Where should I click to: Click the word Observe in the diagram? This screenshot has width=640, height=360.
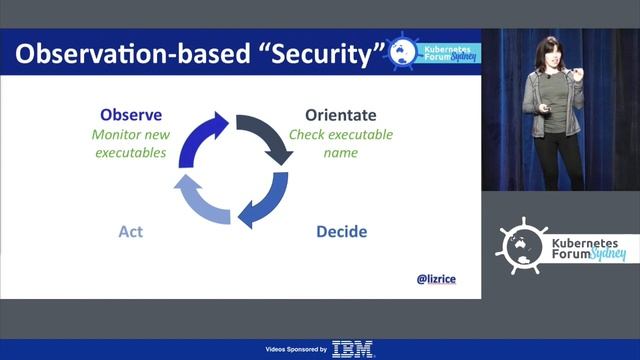click(131, 115)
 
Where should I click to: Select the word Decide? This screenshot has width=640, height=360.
click(341, 232)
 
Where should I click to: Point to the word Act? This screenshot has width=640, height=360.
click(130, 232)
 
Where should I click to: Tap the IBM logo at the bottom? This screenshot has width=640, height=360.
click(352, 349)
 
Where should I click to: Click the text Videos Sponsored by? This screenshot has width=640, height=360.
click(295, 350)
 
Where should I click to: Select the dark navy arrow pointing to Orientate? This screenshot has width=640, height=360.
click(267, 136)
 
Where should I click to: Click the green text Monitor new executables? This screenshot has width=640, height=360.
click(131, 144)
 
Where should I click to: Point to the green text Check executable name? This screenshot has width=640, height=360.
click(341, 144)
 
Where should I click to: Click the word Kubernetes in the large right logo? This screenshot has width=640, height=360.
click(586, 241)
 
